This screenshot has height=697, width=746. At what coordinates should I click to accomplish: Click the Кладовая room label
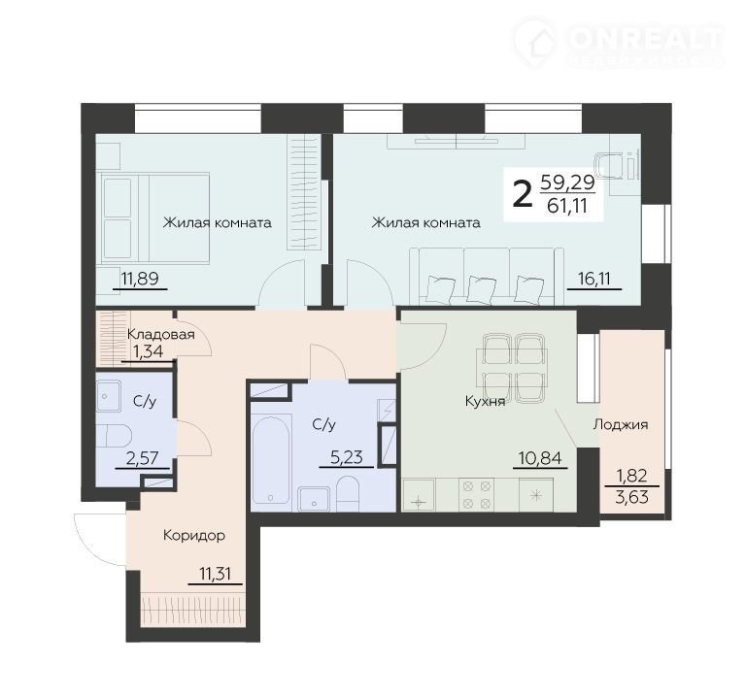[161, 334]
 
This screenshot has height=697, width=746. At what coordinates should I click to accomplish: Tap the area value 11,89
[140, 278]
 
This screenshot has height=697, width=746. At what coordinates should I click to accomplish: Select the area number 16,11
[593, 279]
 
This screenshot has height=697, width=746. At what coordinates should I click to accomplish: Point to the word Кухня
[485, 401]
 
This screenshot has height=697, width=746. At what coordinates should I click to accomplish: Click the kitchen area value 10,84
[540, 458]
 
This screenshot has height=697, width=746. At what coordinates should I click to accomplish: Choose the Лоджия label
[621, 424]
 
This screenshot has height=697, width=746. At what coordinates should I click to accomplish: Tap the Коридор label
[194, 536]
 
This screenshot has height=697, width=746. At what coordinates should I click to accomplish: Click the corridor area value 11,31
[215, 574]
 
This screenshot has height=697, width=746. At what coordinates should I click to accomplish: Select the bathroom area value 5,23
[347, 457]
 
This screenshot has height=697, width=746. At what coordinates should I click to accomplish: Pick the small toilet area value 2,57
[142, 458]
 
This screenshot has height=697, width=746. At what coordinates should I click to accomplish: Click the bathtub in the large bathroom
[270, 459]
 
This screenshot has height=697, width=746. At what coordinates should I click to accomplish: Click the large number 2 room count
[523, 195]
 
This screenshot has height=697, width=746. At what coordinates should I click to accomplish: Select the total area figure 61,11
[567, 206]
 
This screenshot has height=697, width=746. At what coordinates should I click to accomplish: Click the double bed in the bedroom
[155, 217]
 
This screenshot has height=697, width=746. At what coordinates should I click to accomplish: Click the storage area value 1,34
[148, 351]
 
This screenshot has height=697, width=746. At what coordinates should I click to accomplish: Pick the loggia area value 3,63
[631, 497]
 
